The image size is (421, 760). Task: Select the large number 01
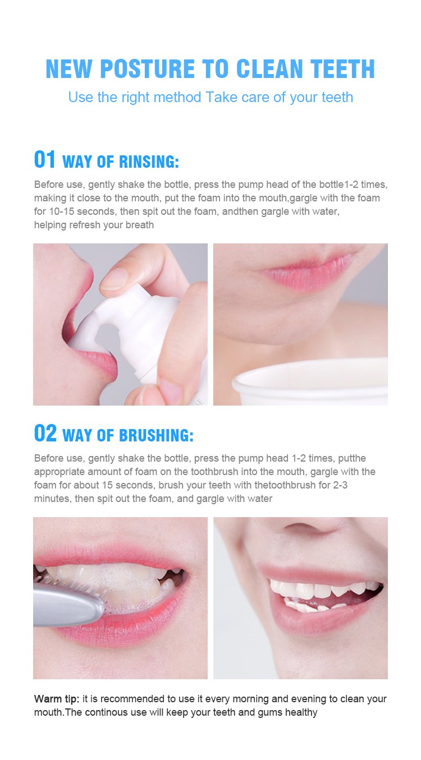(x=45, y=160)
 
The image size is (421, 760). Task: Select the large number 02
(x=45, y=434)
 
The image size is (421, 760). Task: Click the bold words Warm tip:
(x=57, y=699)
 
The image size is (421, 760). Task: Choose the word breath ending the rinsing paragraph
(x=140, y=225)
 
